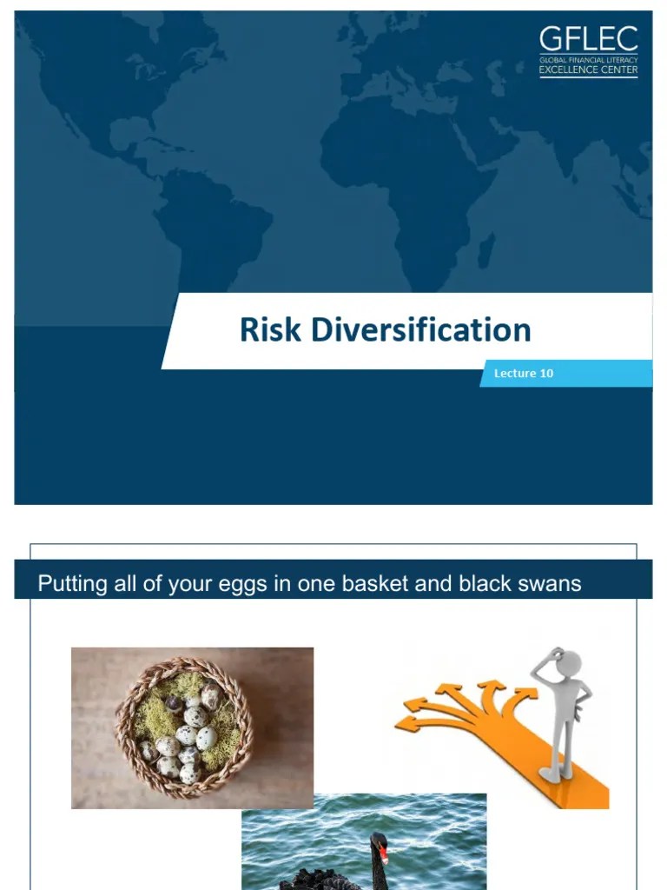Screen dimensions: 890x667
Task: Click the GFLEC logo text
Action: (588, 39)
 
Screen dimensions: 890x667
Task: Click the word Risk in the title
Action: (270, 330)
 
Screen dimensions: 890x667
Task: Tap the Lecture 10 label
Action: (523, 374)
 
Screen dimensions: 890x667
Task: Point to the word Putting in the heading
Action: (72, 583)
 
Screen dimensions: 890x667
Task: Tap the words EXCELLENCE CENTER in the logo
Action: (588, 70)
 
